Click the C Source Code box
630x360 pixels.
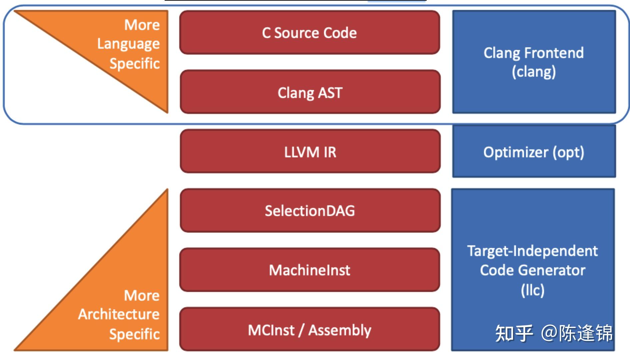click(x=309, y=33)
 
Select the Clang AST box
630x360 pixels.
click(x=310, y=92)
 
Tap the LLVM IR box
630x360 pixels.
click(x=310, y=152)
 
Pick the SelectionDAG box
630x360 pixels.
click(x=310, y=211)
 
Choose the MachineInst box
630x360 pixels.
click(x=309, y=270)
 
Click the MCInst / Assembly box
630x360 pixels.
click(x=309, y=330)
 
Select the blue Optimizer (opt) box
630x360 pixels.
click(x=534, y=152)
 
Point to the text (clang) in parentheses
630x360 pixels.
click(x=534, y=72)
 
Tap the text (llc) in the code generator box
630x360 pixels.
click(x=533, y=290)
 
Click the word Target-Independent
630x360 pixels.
click(x=533, y=251)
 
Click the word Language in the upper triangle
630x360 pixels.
click(x=128, y=44)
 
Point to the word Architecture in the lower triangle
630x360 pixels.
click(x=119, y=314)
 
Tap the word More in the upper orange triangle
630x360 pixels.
click(x=142, y=25)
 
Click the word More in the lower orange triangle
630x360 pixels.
click(x=142, y=295)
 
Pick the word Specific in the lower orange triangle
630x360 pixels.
click(x=135, y=334)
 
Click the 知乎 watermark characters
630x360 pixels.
click(x=514, y=333)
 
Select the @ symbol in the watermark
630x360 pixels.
click(x=549, y=333)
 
